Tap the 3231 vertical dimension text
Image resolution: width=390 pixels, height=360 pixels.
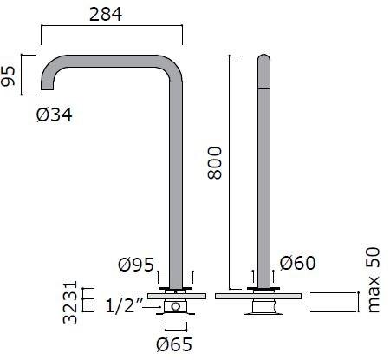point(75,301)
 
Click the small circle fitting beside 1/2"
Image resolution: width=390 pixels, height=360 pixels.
point(177,306)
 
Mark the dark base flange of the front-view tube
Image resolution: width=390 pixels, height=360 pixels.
point(176,289)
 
